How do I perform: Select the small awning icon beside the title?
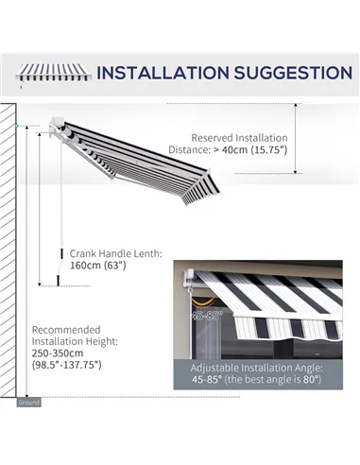pos(53,73)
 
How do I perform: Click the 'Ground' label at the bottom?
pos(28,402)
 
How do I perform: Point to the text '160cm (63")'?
pos(97,266)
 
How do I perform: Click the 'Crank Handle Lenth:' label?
pos(115,253)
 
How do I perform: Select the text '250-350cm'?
pos(59,353)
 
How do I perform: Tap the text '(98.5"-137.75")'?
pos(65,365)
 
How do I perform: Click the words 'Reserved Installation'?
pos(240,137)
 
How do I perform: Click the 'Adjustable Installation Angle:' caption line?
pos(257,367)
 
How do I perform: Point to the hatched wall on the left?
pos(9,246)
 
